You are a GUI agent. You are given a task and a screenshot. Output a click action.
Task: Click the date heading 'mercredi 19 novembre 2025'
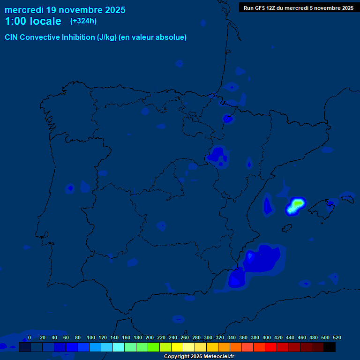tap(65, 10)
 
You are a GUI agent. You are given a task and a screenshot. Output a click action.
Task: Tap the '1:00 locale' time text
tap(33, 21)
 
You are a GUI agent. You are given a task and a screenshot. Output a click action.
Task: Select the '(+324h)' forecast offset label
tap(83, 21)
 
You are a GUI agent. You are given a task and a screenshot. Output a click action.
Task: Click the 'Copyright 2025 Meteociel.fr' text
tap(199, 356)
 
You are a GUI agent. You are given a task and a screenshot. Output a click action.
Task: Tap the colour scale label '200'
tap(150, 337)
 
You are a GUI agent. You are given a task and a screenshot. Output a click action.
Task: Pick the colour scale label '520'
tap(337, 337)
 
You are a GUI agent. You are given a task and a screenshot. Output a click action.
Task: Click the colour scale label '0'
tap(30, 337)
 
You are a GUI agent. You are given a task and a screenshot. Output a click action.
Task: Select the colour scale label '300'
tap(208, 337)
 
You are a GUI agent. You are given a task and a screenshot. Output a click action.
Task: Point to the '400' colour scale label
tap(266, 337)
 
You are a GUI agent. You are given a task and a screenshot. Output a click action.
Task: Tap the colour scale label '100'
tap(91, 337)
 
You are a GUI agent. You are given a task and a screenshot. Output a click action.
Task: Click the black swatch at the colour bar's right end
tap(329, 347)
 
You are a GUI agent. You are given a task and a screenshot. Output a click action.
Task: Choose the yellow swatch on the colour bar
tap(177, 347)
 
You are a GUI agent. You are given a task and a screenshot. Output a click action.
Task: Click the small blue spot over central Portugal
tap(70, 188)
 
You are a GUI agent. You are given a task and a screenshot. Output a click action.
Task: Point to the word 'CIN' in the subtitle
tap(12, 37)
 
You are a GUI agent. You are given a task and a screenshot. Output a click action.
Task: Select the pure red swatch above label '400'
tap(271, 347)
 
